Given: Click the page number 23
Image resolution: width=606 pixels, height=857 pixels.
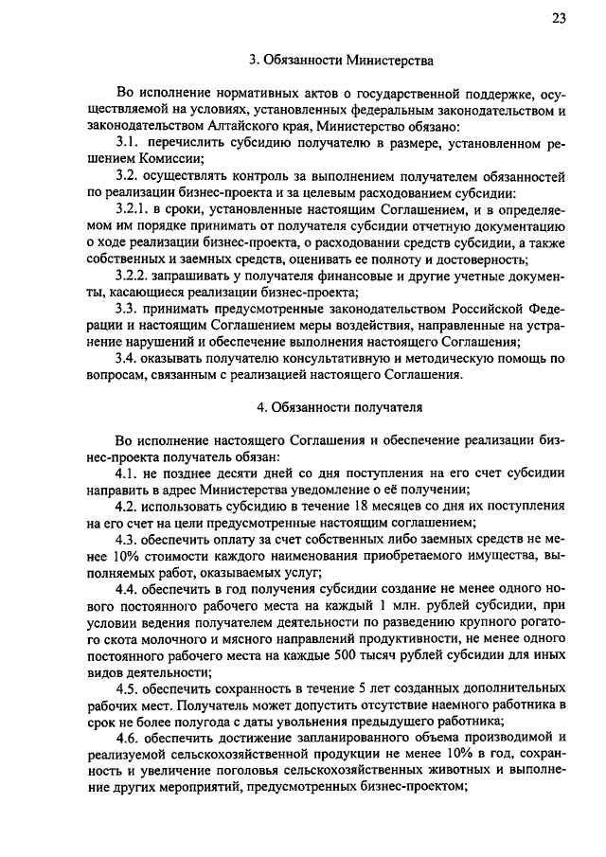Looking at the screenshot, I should pyautogui.click(x=560, y=18).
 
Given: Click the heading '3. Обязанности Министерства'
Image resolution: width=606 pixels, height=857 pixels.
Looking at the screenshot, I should pyautogui.click(x=341, y=60).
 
